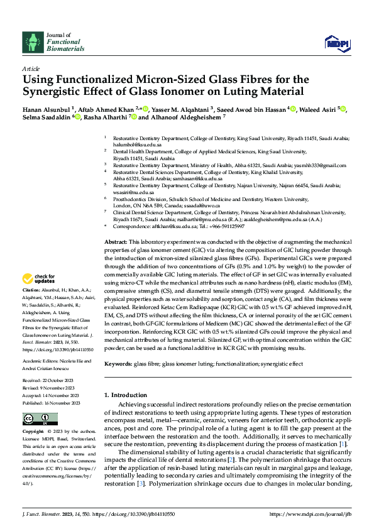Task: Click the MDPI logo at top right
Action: coord(336,42)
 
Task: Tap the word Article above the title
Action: coord(31,68)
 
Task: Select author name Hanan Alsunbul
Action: coord(47,109)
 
